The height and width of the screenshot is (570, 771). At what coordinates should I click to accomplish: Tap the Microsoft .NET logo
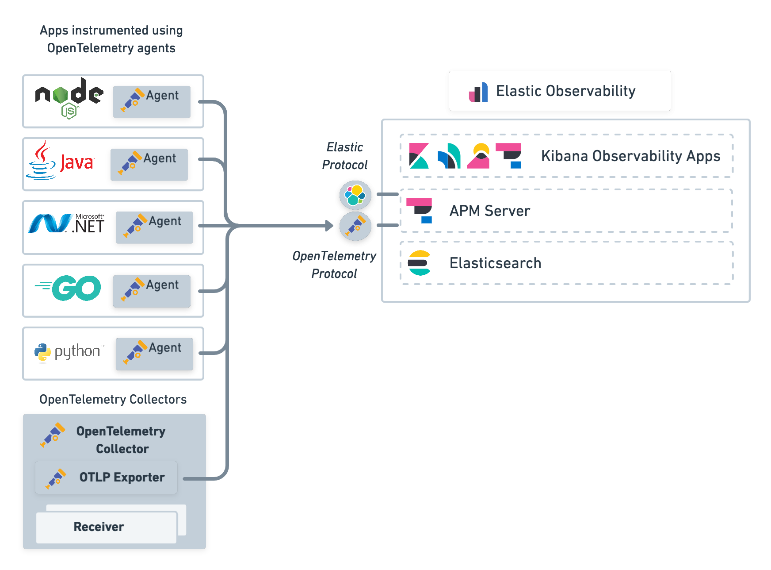pyautogui.click(x=66, y=224)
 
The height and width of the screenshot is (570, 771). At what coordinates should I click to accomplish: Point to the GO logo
pyautogui.click(x=69, y=288)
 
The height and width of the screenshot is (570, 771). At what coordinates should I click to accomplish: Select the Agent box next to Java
pyautogui.click(x=149, y=165)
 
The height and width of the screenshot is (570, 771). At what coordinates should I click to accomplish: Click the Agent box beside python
pyautogui.click(x=154, y=354)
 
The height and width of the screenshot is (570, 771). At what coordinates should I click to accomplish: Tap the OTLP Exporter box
pyautogui.click(x=106, y=478)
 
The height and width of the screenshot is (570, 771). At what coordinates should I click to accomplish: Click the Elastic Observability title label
pyautogui.click(x=565, y=91)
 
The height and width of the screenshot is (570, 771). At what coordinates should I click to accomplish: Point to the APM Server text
pyautogui.click(x=489, y=211)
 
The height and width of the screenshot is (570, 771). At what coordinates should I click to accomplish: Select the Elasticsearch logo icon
pyautogui.click(x=419, y=263)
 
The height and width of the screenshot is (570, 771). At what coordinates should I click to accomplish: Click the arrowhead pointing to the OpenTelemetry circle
pyautogui.click(x=329, y=226)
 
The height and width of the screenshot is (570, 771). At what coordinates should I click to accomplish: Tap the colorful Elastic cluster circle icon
pyautogui.click(x=355, y=195)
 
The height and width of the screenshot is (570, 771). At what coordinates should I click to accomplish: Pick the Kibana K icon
pyautogui.click(x=419, y=156)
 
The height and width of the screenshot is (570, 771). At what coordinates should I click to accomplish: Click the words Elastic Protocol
pyautogui.click(x=345, y=156)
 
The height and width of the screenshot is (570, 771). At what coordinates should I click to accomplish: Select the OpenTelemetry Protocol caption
pyautogui.click(x=334, y=265)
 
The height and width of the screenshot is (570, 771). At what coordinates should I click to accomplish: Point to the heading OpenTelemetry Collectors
pyautogui.click(x=113, y=400)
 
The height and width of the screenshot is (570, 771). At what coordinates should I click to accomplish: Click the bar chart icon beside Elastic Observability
pyautogui.click(x=478, y=92)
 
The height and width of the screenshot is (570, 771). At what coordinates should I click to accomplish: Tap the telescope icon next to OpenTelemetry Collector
pyautogui.click(x=53, y=435)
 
